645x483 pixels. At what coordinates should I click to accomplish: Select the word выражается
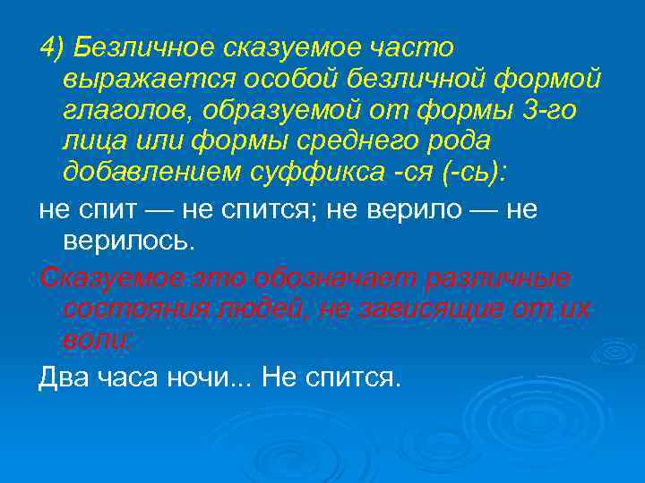(x=133, y=79)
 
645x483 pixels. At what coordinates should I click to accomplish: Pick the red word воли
(x=97, y=341)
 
